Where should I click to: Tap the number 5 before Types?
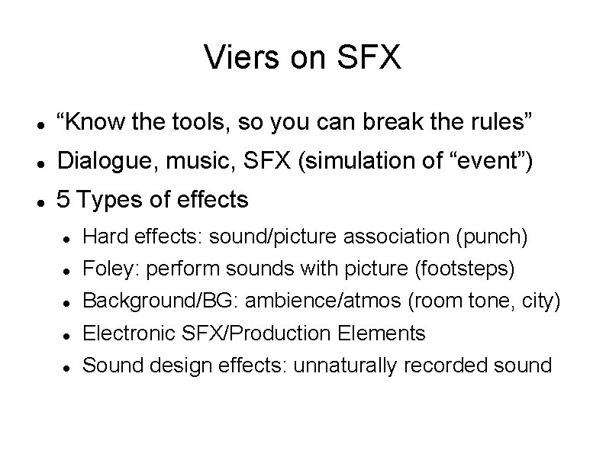[x=64, y=200]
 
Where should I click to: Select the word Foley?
[x=104, y=269]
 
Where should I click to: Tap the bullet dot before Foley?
[x=68, y=270]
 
